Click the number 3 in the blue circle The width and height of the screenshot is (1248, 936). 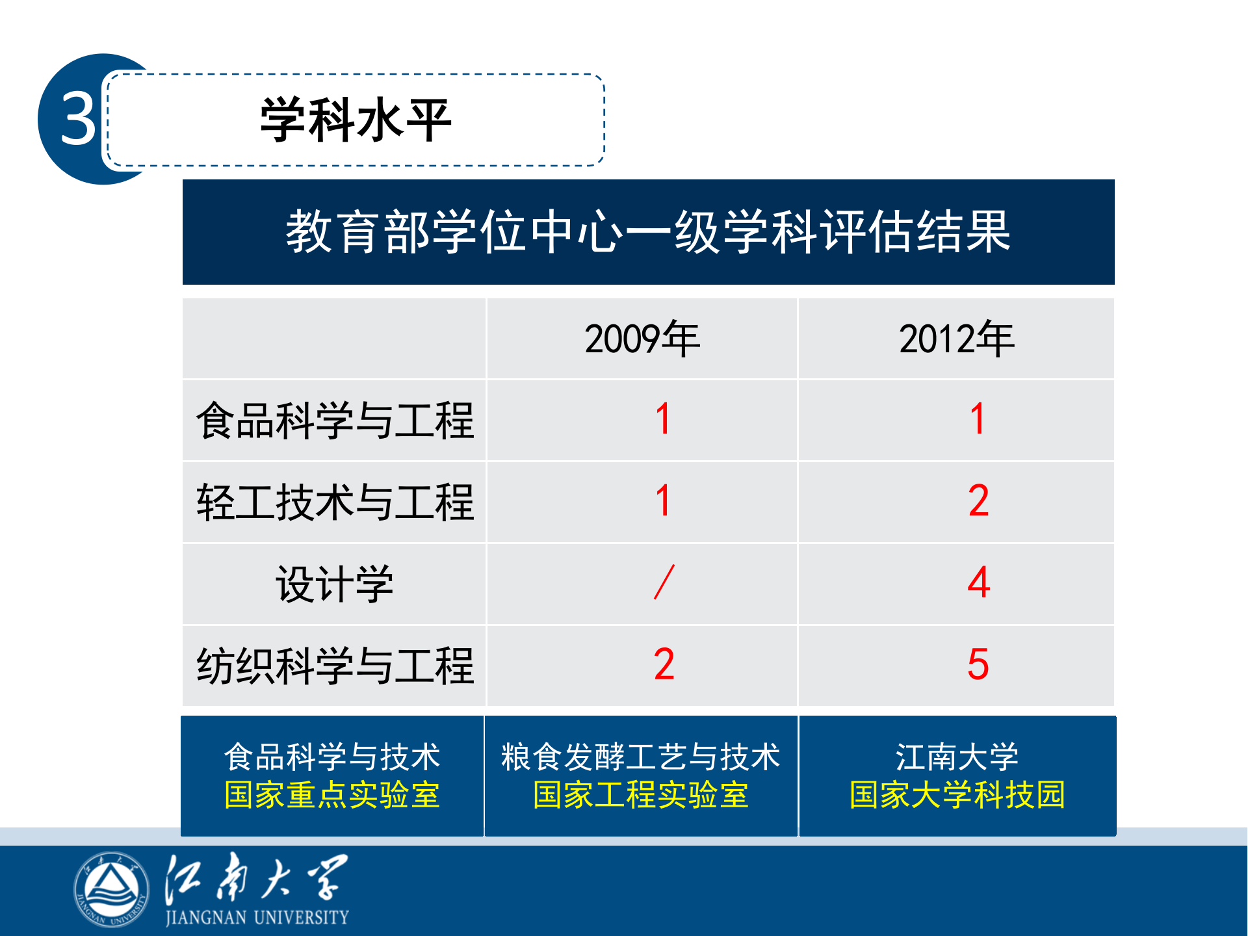pos(79,118)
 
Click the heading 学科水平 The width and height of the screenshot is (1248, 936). pos(356,120)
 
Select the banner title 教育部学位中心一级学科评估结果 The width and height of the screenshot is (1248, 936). pos(648,232)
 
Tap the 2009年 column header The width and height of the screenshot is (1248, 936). pos(642,339)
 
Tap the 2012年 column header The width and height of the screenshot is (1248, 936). pos(956,339)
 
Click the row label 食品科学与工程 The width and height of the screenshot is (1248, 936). pos(335,421)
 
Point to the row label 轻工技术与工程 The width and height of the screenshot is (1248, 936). pos(335,502)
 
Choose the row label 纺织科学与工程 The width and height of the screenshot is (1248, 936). pos(335,666)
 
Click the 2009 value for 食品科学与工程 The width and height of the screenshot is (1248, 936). pos(663,419)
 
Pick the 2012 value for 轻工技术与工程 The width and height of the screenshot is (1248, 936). pos(978,501)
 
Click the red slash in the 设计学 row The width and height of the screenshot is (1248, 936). pos(664,582)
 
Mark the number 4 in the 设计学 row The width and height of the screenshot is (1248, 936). pos(978,583)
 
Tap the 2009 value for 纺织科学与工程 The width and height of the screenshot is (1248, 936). pos(664,665)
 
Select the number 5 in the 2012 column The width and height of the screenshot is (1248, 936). pos(978,665)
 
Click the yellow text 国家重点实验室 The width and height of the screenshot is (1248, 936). pos(332,795)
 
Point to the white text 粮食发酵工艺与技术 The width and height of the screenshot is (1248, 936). pos(641,757)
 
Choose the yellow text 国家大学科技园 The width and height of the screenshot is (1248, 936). pos(957,795)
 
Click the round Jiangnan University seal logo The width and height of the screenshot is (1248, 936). pos(111,889)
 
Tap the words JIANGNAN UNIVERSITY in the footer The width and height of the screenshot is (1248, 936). pos(257,918)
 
